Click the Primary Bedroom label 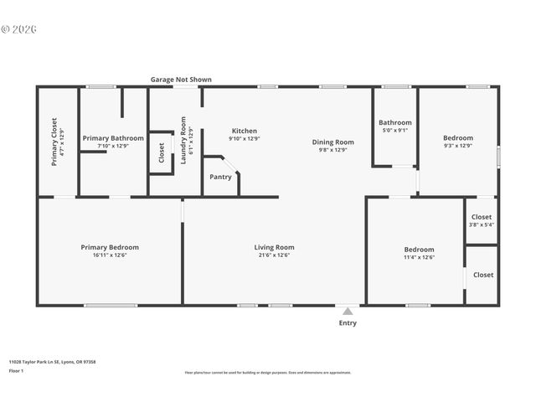point(110,247)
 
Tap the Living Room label point(274,247)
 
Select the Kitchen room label point(245,131)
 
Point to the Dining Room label point(333,142)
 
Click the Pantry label point(220,177)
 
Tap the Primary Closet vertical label point(54,141)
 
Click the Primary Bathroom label point(113,137)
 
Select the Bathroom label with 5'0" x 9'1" point(394,122)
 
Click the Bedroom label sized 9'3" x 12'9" point(458,138)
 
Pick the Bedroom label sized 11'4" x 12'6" point(419,250)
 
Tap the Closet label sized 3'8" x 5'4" point(482,218)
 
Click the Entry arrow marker point(348,311)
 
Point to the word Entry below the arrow point(348,323)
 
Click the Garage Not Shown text point(181,80)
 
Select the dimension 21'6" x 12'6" point(274,255)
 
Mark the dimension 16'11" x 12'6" point(110,255)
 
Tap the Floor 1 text point(17,370)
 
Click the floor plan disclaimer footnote point(267,373)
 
